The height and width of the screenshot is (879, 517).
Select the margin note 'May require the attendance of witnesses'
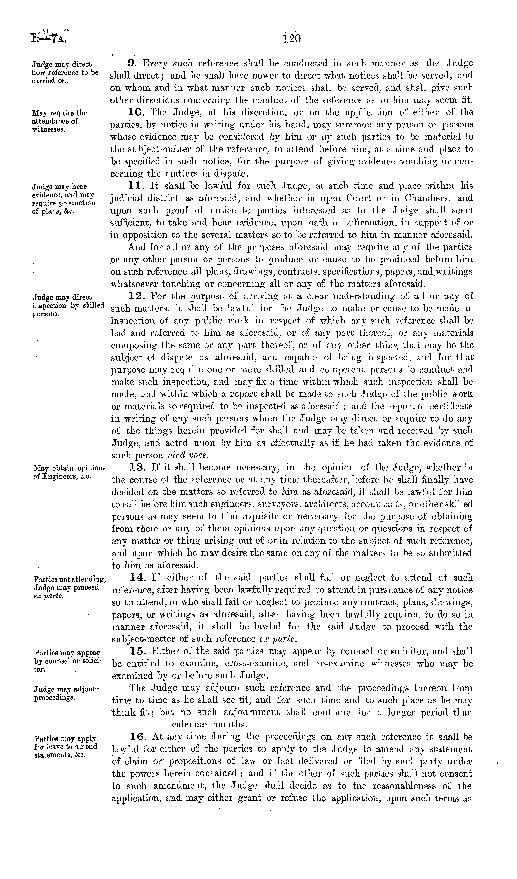[x=59, y=121]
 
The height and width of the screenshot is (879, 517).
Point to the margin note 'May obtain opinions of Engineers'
[x=69, y=472]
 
